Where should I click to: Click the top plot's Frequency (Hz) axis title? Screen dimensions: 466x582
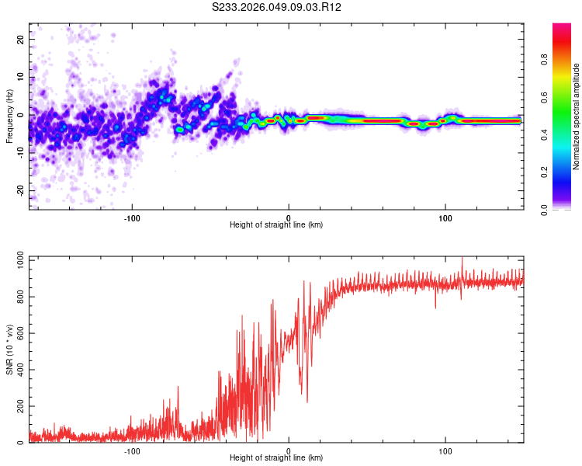pos(9,116)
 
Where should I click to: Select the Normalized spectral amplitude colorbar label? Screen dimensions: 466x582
pos(576,116)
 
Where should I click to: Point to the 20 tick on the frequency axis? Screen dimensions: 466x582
pos(21,38)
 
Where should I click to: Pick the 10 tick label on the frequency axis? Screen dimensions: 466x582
pos(21,76)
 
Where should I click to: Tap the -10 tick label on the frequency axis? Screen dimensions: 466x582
pos(19,152)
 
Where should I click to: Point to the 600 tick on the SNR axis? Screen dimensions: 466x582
pos(18,333)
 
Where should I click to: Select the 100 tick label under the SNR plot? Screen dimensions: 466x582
pos(445,450)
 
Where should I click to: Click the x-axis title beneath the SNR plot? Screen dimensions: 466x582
pos(276,458)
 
